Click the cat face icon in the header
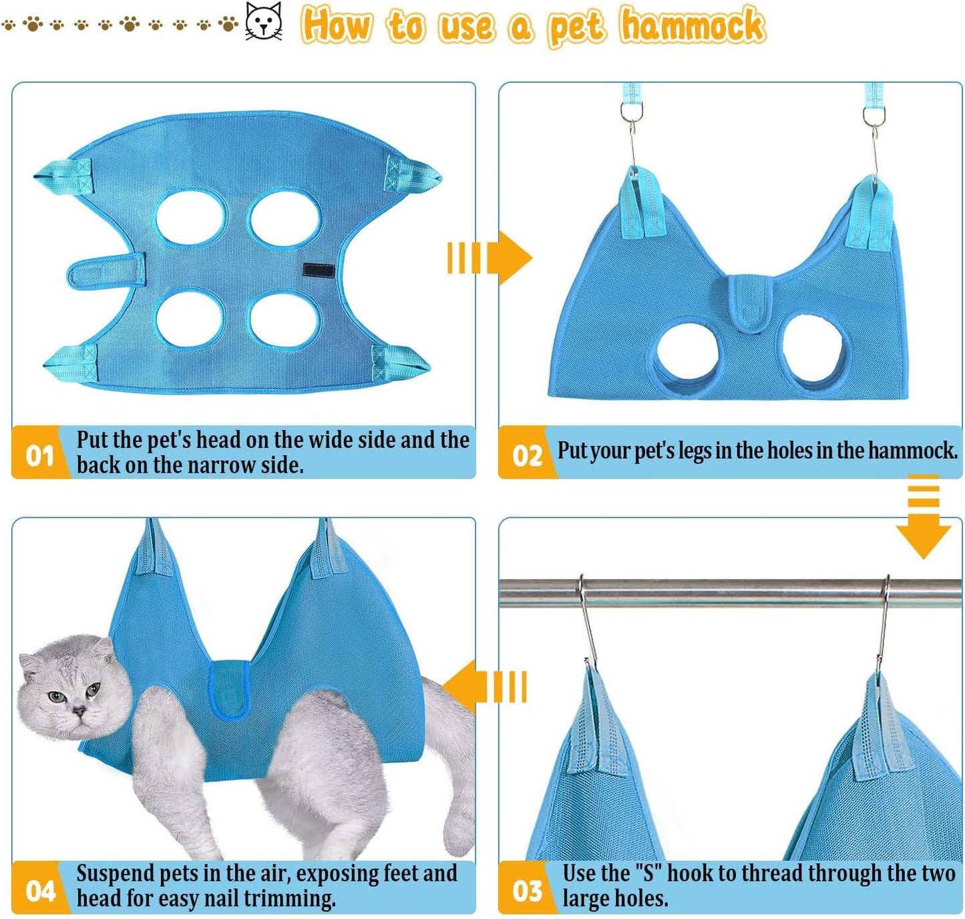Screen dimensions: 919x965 pyautogui.click(x=264, y=22)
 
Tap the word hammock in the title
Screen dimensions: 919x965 pyautogui.click(x=692, y=25)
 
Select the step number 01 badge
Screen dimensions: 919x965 pyautogui.click(x=39, y=455)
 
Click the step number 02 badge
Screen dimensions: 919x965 pyautogui.click(x=526, y=455)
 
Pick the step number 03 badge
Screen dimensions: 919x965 pyautogui.click(x=526, y=890)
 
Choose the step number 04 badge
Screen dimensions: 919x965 pyautogui.click(x=39, y=890)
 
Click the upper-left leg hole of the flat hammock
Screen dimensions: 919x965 pyautogui.click(x=191, y=217)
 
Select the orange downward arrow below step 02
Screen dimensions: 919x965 pyautogui.click(x=923, y=518)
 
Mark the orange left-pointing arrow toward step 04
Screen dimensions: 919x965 pyautogui.click(x=484, y=687)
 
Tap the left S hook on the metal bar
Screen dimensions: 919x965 pyautogui.click(x=587, y=621)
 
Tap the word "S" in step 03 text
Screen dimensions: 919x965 pyautogui.click(x=646, y=874)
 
